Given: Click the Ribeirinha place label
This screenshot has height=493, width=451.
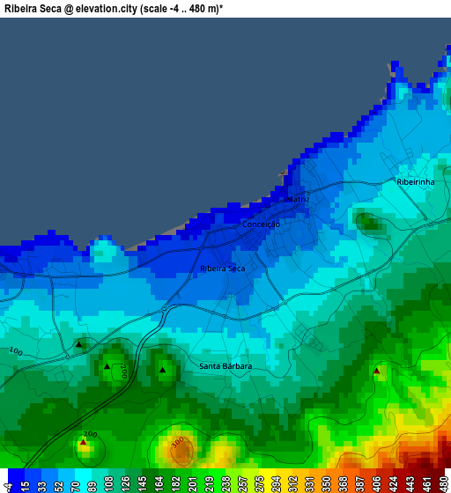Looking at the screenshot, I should point(416,182).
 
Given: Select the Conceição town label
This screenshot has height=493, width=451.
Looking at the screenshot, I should point(261,224).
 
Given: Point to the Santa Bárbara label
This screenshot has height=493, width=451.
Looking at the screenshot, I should point(225,366).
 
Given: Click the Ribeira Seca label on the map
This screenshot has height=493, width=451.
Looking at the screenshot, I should point(222,269).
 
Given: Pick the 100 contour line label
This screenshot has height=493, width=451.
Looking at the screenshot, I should point(15,351).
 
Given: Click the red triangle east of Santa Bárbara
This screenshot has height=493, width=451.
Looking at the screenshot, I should point(376,371).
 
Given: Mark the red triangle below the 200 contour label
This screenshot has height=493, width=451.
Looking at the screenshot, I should point(83,444).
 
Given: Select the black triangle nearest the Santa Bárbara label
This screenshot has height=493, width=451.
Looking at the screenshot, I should point(162,371).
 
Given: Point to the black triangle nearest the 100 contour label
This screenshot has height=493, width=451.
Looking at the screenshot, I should point(78,344).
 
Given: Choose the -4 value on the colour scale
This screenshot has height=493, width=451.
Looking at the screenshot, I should point(8,484).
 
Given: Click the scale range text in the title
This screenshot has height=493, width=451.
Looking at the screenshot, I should point(182,7).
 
